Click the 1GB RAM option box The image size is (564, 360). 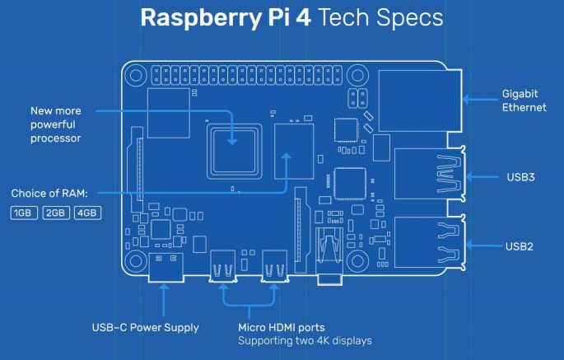(x=23, y=213)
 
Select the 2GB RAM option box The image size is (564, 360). (x=55, y=213)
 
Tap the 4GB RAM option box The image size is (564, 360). (x=87, y=213)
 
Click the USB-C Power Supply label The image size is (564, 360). (x=145, y=327)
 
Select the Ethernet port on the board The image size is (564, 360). (x=418, y=100)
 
